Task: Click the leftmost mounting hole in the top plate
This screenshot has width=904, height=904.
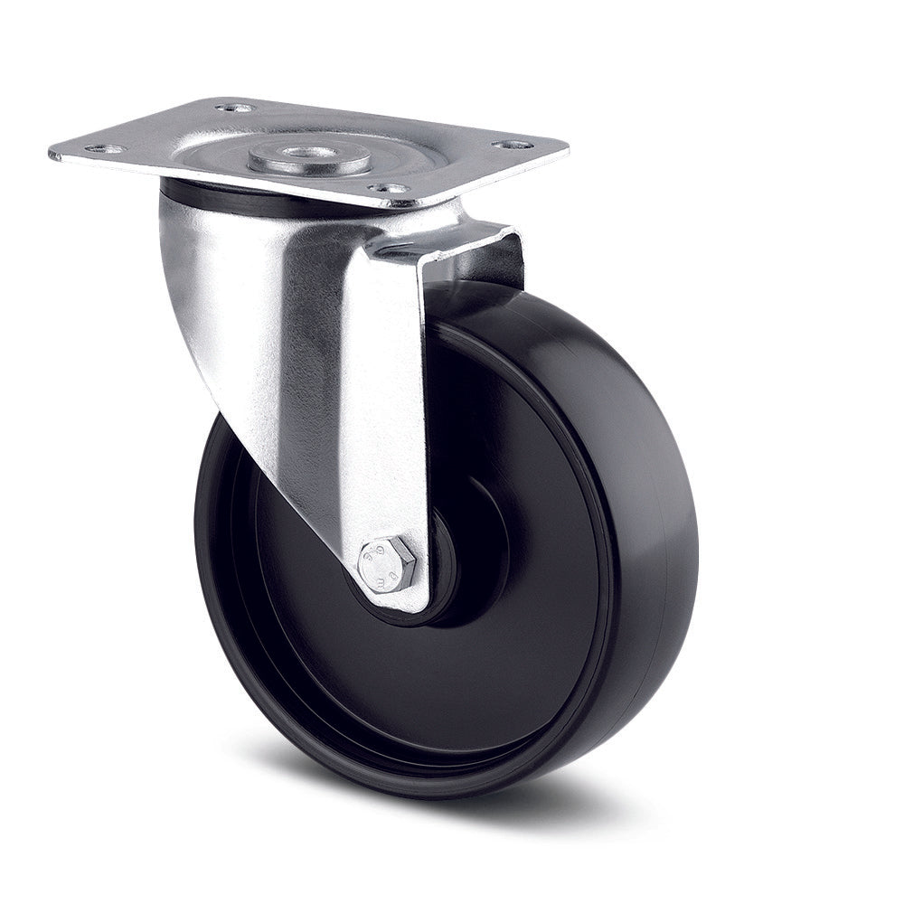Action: pyautogui.click(x=106, y=149)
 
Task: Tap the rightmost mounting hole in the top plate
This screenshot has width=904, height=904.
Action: pyautogui.click(x=513, y=145)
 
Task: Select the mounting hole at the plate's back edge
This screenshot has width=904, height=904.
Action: pyautogui.click(x=235, y=108)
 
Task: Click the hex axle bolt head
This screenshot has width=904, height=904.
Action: pyautogui.click(x=386, y=566)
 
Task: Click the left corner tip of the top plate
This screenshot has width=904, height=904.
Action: pyautogui.click(x=52, y=154)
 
